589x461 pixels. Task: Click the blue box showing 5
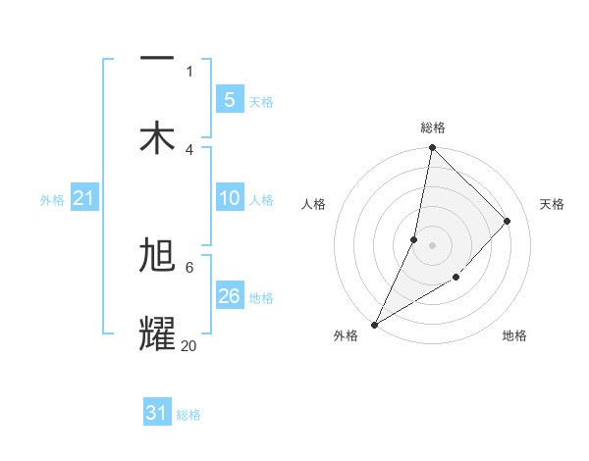pyautogui.click(x=229, y=99)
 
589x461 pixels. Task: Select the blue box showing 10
pyautogui.click(x=229, y=198)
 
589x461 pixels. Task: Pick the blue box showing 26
pyautogui.click(x=229, y=296)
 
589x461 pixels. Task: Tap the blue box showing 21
pyautogui.click(x=83, y=198)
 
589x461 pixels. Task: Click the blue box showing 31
pyautogui.click(x=157, y=413)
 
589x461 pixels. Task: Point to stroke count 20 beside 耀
pyautogui.click(x=188, y=345)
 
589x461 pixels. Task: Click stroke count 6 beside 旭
pyautogui.click(x=188, y=266)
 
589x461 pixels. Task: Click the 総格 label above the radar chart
pyautogui.click(x=432, y=128)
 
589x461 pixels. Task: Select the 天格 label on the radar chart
pyautogui.click(x=552, y=204)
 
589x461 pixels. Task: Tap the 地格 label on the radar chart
pyautogui.click(x=514, y=336)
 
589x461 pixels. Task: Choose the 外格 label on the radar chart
pyautogui.click(x=346, y=336)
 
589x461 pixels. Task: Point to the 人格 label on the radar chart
pyautogui.click(x=314, y=204)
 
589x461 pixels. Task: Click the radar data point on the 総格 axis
pyautogui.click(x=432, y=148)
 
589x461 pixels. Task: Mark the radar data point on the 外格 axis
pyautogui.click(x=374, y=325)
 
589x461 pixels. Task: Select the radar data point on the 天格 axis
pyautogui.click(x=508, y=221)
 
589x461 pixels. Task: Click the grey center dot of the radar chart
pyautogui.click(x=432, y=245)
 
